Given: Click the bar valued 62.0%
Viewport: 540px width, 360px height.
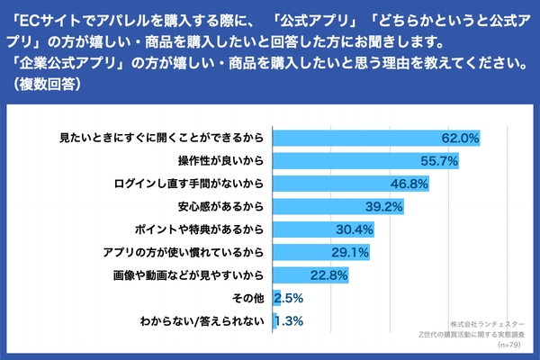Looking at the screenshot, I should (x=374, y=138).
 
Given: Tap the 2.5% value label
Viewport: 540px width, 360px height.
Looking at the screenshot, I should (x=288, y=298).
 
